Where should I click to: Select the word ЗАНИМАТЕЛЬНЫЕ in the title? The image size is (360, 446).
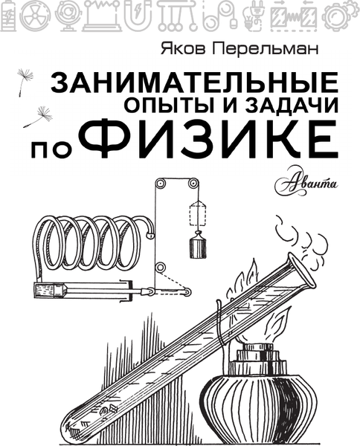[194, 82]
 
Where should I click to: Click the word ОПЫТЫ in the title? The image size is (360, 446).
[161, 105]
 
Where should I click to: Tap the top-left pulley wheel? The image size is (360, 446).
[160, 184]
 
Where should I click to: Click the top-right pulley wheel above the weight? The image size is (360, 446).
[193, 184]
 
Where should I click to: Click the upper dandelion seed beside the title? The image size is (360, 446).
[25, 80]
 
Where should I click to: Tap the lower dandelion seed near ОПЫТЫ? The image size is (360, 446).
[38, 117]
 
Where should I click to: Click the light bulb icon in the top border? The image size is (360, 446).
[251, 16]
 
